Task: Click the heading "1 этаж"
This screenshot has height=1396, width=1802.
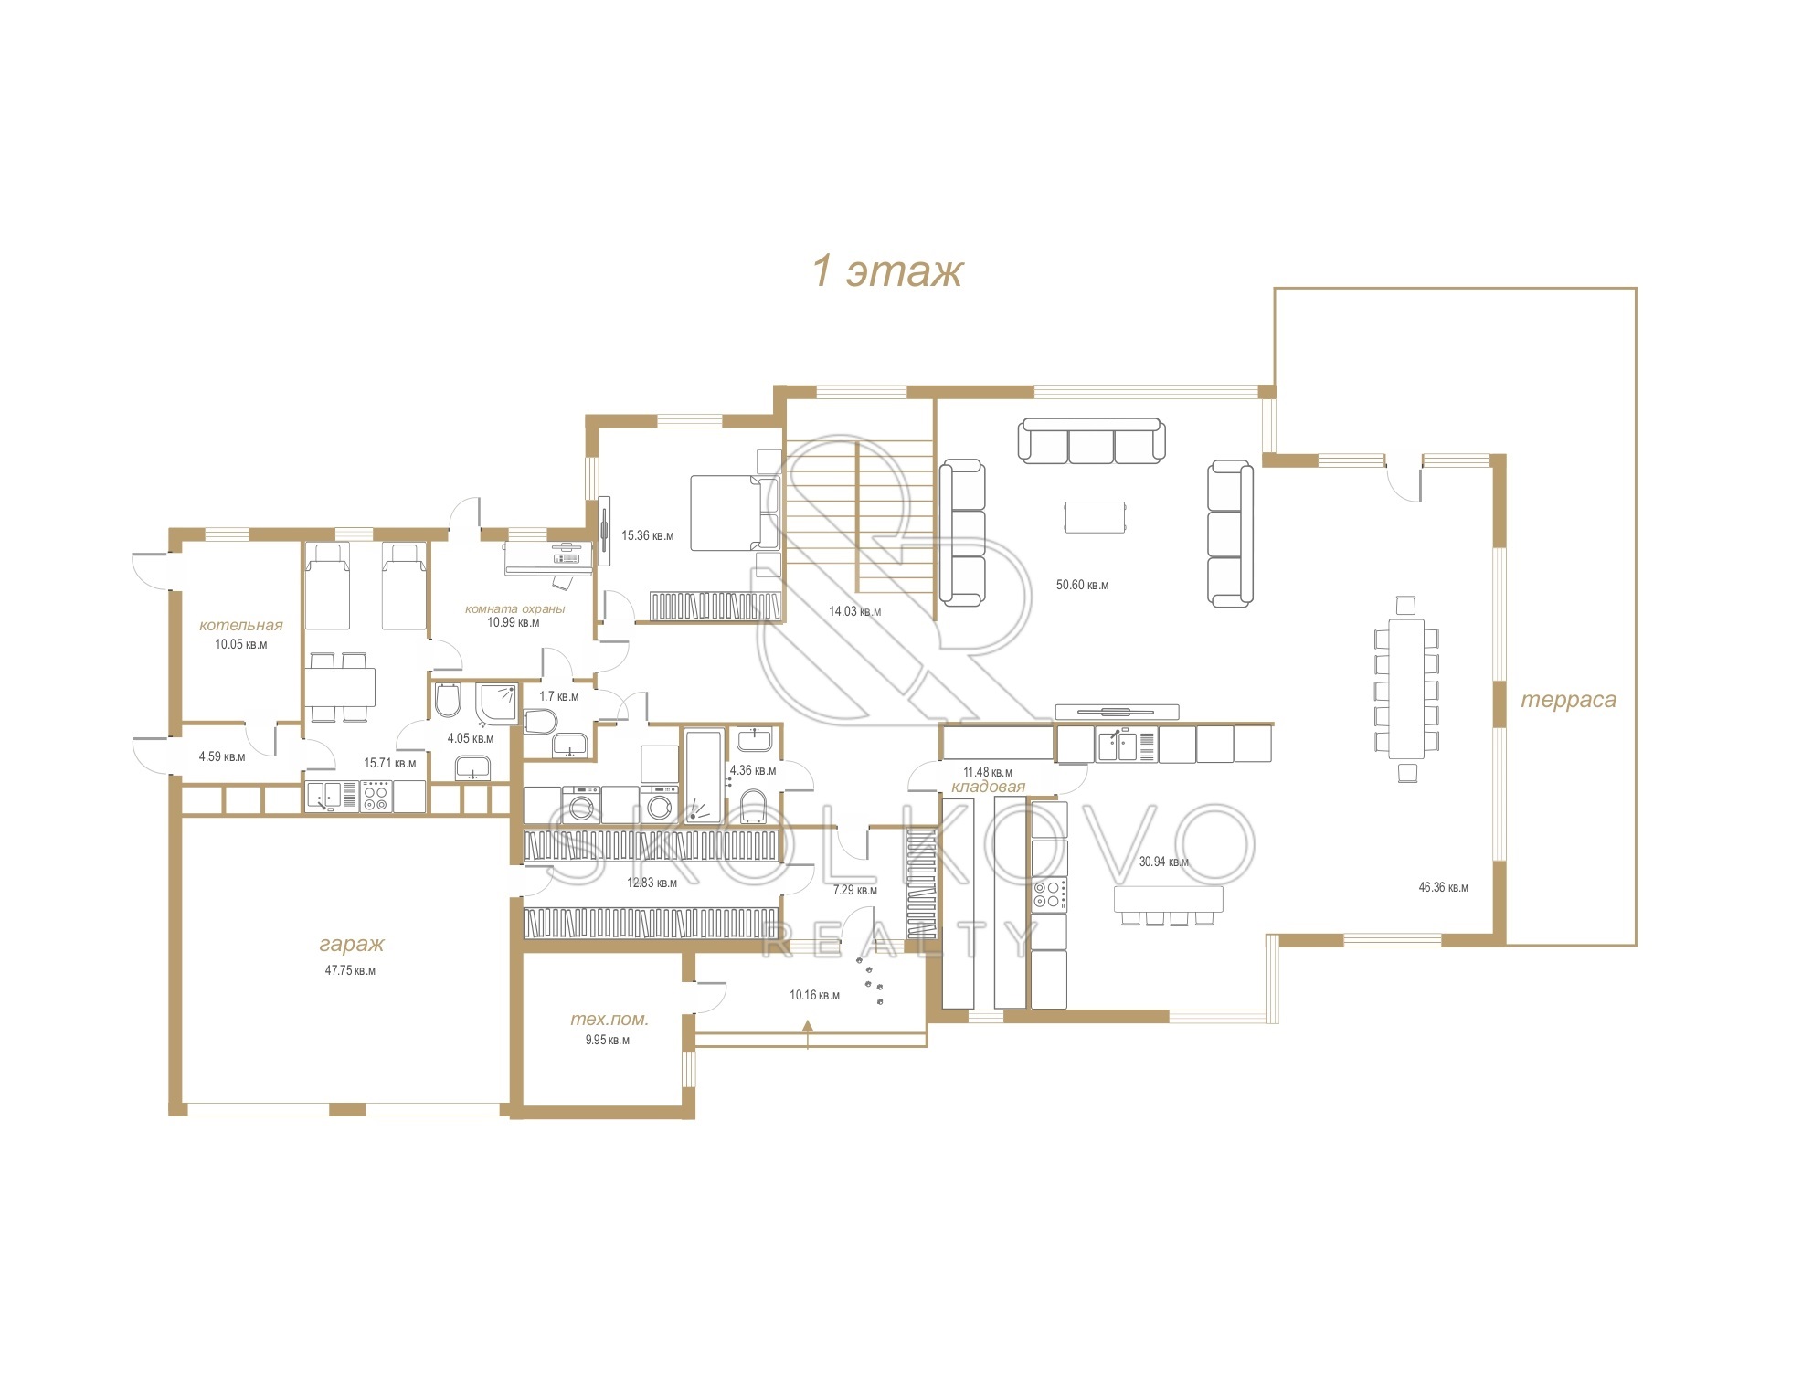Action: click(x=887, y=271)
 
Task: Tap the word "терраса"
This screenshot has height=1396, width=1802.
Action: click(x=1568, y=700)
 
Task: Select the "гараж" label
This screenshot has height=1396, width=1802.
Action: click(x=352, y=944)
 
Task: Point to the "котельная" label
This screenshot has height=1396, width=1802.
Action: click(x=241, y=625)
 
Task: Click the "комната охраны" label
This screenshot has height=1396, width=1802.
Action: click(x=515, y=608)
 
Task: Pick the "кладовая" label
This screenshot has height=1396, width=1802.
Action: click(x=988, y=786)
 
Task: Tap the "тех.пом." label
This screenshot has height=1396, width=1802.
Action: click(x=609, y=1019)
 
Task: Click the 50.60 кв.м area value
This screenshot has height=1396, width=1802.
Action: click(x=1082, y=585)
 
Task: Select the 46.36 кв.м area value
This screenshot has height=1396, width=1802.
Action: click(x=1443, y=887)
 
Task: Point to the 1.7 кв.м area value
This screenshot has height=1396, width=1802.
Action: click(x=558, y=696)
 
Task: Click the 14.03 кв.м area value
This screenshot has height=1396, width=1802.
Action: click(x=854, y=611)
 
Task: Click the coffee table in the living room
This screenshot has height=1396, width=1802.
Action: click(x=1095, y=516)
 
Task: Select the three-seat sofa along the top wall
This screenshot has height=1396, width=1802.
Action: click(x=1091, y=440)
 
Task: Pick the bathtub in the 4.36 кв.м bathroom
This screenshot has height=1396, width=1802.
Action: click(x=703, y=776)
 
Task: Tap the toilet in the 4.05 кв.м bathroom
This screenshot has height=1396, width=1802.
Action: click(x=448, y=700)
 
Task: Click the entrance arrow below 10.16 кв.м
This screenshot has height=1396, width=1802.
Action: click(x=808, y=1034)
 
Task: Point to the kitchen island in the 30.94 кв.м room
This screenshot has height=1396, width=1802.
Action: click(x=1168, y=898)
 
